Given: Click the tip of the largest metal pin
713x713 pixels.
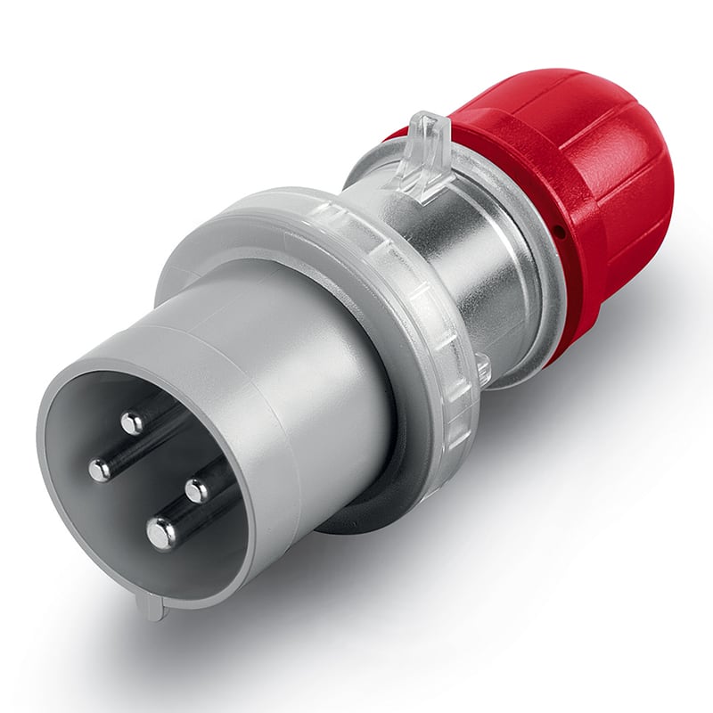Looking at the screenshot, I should (161, 534).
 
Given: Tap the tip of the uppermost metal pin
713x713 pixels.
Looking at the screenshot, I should (133, 422).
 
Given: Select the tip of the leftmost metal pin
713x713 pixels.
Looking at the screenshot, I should (100, 469).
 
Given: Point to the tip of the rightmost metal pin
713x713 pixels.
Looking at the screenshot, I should (196, 489).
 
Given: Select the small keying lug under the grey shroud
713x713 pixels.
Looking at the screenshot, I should (152, 607).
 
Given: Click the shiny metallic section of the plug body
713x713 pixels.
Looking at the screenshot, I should (463, 267).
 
